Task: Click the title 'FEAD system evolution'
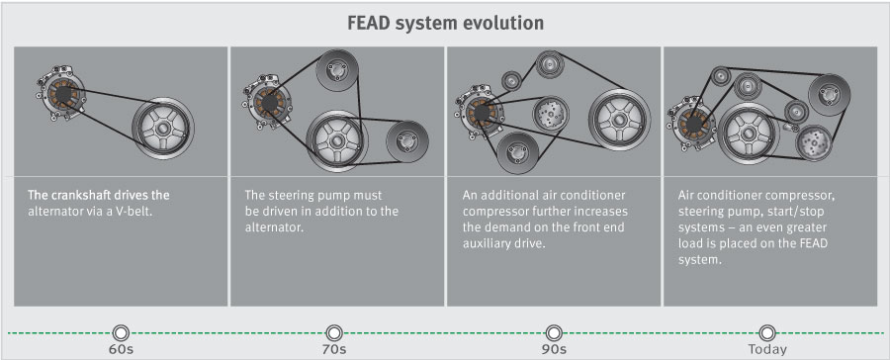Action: click(445, 22)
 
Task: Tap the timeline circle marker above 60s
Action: click(121, 331)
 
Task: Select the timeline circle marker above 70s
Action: click(334, 331)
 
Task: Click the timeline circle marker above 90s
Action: click(553, 331)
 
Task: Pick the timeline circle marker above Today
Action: click(767, 331)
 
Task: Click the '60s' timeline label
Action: click(121, 349)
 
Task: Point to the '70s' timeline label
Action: click(334, 349)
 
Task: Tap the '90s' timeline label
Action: click(553, 349)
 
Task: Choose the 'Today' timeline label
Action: click(767, 349)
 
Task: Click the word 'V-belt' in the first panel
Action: click(146, 211)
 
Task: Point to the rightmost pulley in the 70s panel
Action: click(405, 138)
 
